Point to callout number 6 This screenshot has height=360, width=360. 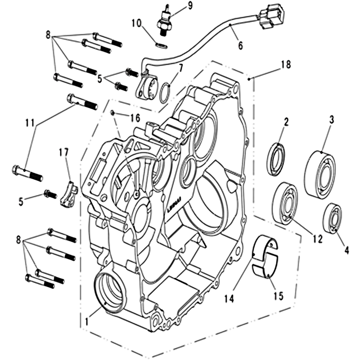pos(240,45)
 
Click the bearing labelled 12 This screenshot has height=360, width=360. pos(286,202)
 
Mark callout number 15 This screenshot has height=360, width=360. pos(279,296)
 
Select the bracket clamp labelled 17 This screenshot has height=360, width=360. pos(69,194)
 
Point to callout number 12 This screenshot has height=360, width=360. pos(318,239)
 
